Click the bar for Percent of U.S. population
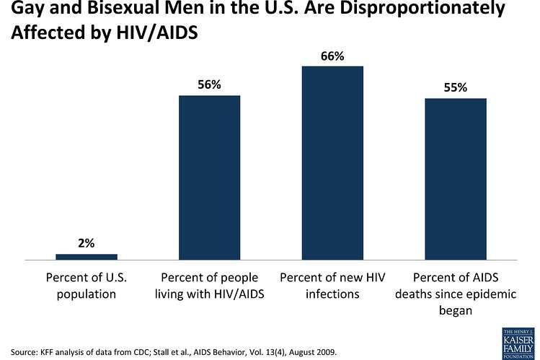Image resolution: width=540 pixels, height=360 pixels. point(87,256)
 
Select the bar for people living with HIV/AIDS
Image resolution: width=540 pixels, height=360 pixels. point(209,177)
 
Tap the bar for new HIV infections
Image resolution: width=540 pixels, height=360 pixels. point(332,162)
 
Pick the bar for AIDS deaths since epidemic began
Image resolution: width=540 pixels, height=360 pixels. point(456,178)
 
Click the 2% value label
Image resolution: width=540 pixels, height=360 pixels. point(87,243)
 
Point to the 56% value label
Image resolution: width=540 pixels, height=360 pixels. point(209,84)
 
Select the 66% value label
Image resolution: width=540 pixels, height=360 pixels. point(332,55)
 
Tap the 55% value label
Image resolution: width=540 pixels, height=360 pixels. point(456,87)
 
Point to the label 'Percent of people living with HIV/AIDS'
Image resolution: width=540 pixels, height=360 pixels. point(209,285)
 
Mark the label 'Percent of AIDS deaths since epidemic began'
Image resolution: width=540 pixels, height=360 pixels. point(456,294)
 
